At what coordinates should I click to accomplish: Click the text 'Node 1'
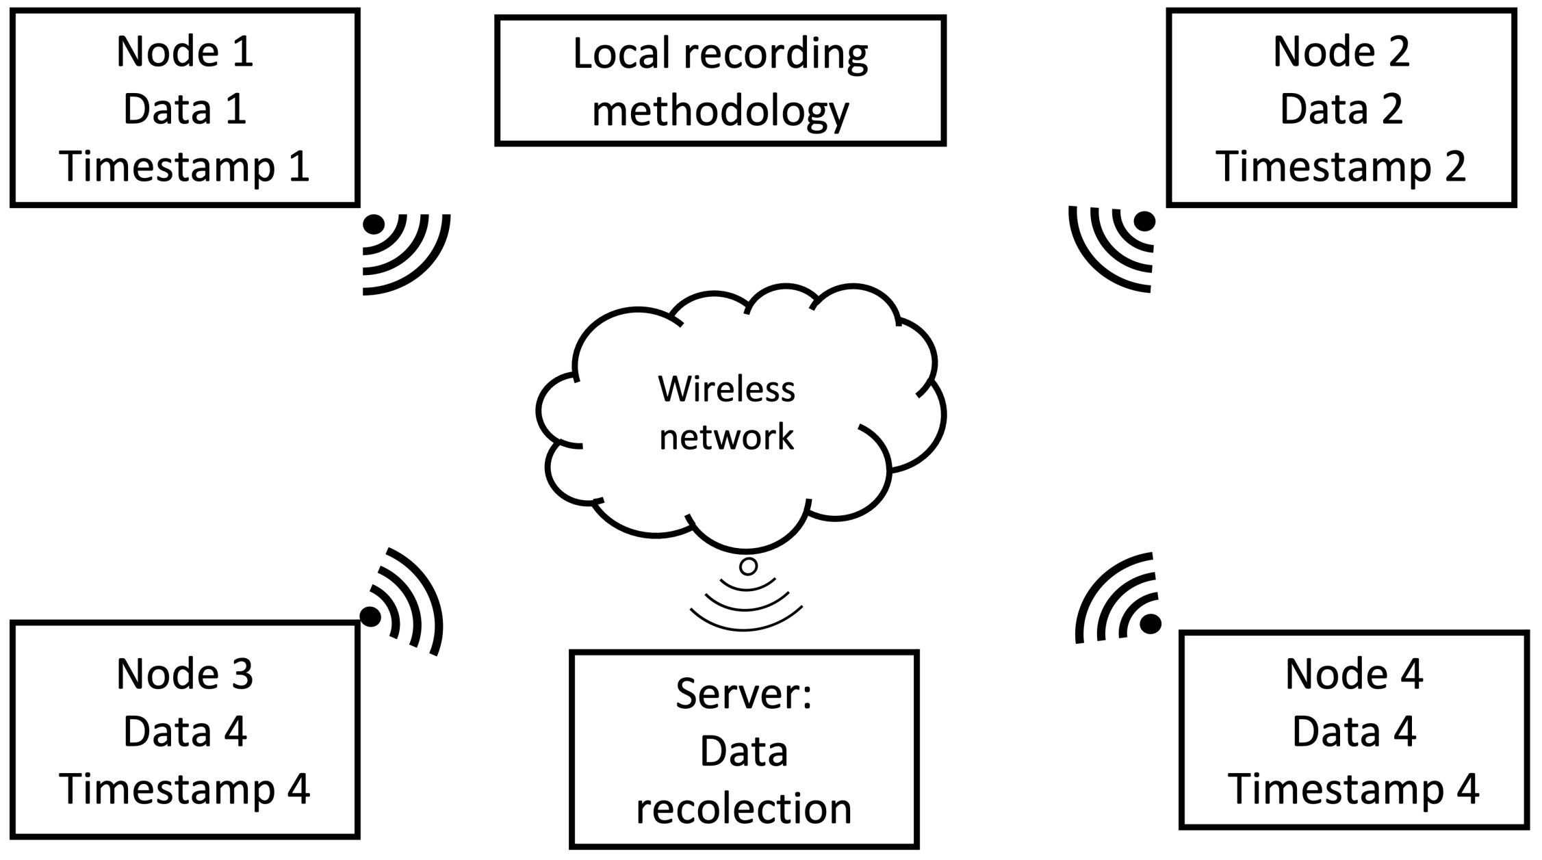point(185,51)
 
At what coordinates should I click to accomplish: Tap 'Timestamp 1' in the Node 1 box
point(185,166)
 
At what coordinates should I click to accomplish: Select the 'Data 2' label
point(1341,109)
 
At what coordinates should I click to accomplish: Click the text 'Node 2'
point(1341,51)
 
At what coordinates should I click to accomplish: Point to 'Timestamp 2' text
point(1341,166)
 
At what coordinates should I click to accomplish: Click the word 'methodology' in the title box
point(720,111)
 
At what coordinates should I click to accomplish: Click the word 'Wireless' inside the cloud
point(726,389)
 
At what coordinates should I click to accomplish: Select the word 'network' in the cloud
point(726,436)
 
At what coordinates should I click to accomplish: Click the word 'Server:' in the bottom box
point(744,693)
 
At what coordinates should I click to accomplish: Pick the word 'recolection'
point(744,808)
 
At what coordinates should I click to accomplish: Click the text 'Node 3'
point(185,674)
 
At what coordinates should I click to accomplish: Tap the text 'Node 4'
point(1354,674)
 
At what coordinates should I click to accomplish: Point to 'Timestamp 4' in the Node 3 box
point(185,789)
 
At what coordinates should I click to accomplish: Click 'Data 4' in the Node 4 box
point(1354,731)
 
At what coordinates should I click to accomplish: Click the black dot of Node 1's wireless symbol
point(374,224)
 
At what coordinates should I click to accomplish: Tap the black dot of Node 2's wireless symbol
point(1144,221)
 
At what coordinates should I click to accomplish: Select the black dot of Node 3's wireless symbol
point(370,616)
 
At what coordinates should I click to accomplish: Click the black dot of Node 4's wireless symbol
point(1151,623)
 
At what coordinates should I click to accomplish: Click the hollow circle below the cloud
point(749,566)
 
